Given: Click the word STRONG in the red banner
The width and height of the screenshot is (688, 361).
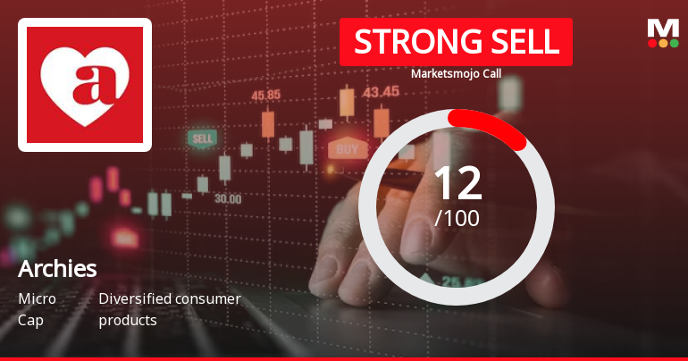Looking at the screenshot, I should (409, 42).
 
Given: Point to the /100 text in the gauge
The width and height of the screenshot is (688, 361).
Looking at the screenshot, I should (457, 217).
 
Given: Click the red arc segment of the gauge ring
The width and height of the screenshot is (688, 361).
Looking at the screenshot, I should (491, 124).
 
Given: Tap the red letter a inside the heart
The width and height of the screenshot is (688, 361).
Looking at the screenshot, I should (85, 83).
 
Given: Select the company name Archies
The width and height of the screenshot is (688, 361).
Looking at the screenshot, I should (57, 269).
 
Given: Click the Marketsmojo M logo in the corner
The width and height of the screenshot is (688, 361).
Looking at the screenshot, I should (663, 28).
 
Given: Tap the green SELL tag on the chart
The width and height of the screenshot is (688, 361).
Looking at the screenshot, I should (202, 139).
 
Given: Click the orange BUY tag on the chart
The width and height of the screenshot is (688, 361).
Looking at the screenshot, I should (348, 148).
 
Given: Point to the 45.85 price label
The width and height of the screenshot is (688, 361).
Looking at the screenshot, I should (266, 95).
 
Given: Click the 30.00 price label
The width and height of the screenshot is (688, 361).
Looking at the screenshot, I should (227, 198).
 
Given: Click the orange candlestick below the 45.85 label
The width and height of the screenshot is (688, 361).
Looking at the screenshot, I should (267, 124).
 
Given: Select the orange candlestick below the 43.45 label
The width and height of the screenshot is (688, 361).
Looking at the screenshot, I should (382, 122).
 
